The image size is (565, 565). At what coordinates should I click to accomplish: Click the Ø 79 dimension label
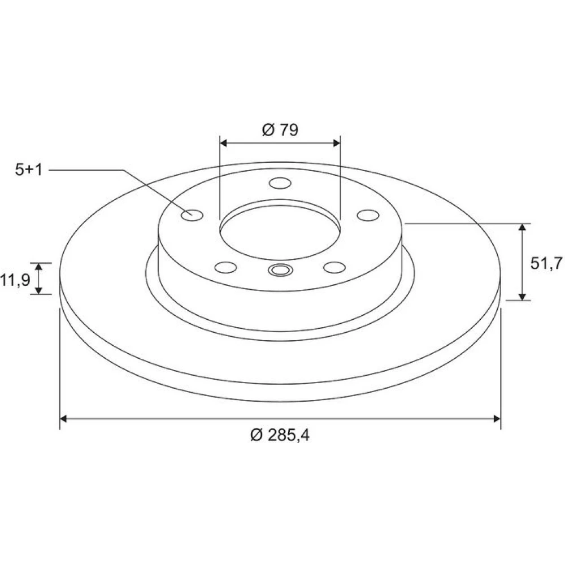click(x=280, y=130)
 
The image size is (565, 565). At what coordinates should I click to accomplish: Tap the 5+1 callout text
click(x=29, y=169)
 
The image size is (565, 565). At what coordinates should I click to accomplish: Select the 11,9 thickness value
click(x=15, y=280)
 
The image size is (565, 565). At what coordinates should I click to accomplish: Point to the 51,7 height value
click(x=546, y=263)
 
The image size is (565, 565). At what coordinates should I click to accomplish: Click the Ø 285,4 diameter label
click(x=280, y=435)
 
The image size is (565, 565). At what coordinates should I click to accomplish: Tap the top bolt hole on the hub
click(x=280, y=183)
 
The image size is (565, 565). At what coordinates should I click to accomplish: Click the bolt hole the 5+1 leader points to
click(x=192, y=215)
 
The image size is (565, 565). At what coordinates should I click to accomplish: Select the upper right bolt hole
click(x=368, y=215)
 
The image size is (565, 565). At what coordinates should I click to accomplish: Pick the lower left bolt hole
click(x=225, y=267)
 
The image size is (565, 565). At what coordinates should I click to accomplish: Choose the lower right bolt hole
click(x=334, y=267)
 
